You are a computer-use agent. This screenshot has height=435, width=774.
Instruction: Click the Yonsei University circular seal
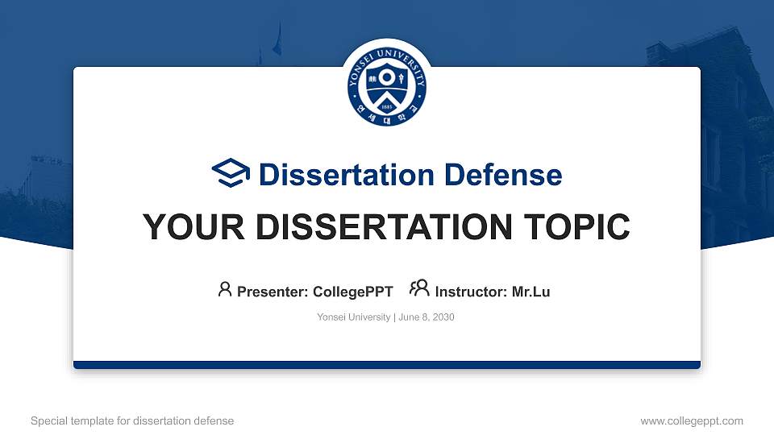[387, 86]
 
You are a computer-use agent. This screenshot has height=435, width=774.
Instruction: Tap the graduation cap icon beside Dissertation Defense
[231, 173]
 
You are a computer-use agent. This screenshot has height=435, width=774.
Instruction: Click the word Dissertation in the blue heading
[347, 175]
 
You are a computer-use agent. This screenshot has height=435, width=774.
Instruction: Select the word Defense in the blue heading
[503, 175]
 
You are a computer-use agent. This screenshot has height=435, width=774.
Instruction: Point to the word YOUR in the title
[193, 227]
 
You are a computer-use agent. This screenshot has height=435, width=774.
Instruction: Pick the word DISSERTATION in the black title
[384, 227]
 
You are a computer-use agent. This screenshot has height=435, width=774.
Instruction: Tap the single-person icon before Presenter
[225, 289]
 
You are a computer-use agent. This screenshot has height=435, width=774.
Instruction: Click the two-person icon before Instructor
[419, 288]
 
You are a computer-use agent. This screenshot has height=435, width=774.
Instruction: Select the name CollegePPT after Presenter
[353, 292]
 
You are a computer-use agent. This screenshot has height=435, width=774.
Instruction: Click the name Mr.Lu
[531, 292]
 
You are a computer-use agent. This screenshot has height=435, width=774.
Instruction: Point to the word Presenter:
[273, 292]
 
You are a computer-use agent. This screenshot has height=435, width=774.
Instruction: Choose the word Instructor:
[471, 292]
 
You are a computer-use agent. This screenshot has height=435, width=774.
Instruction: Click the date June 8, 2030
[427, 317]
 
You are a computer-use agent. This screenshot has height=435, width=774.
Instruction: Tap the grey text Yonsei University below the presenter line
[353, 317]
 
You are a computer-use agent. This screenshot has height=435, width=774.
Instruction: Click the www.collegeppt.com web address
[692, 421]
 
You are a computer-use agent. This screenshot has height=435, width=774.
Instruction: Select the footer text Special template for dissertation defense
[132, 421]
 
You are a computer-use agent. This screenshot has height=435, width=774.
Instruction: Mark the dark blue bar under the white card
[387, 365]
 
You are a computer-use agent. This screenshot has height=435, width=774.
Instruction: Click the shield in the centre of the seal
[387, 87]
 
